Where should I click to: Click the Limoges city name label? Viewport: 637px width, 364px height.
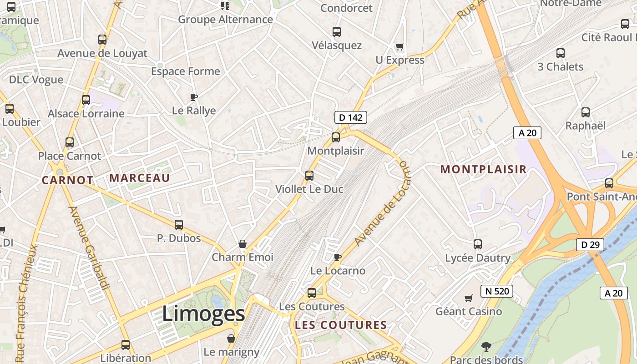point(203,314)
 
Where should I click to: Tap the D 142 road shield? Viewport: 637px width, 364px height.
point(350,117)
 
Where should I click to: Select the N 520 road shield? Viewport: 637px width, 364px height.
point(496,291)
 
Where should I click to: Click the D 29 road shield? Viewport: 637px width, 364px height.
point(590,245)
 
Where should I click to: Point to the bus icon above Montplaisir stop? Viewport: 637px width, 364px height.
point(336,137)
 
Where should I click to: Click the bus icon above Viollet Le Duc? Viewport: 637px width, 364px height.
point(309,175)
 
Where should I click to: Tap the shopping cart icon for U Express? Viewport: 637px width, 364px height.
point(399,46)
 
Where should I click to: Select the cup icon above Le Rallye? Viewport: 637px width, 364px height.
point(194,97)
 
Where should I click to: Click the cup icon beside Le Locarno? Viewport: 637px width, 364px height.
point(337,257)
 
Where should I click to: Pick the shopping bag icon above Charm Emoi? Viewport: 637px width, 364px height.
point(243,244)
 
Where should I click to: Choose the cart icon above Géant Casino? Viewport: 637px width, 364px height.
point(468,298)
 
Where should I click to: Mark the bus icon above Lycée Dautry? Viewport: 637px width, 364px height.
point(478,244)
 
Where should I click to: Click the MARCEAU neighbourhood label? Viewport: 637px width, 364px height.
point(139,178)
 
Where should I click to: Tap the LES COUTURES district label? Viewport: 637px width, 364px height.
point(341,325)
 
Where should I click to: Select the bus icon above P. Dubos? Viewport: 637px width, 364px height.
point(179,224)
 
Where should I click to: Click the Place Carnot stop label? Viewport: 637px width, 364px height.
point(69,156)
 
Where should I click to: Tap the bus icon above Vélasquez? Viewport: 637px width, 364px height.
point(337,32)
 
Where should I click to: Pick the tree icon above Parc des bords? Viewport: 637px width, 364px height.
point(486,347)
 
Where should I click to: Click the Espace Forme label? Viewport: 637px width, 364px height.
point(185,71)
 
